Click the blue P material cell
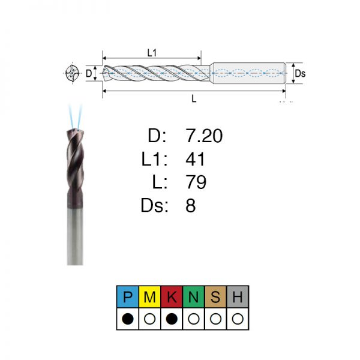point(128,296)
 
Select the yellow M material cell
point(149,296)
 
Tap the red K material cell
point(172,296)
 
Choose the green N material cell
point(194,296)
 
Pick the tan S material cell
point(215,296)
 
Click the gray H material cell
point(238,296)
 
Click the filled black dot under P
point(128,319)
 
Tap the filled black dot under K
point(172,319)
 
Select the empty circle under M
point(149,319)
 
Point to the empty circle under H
point(238,319)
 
